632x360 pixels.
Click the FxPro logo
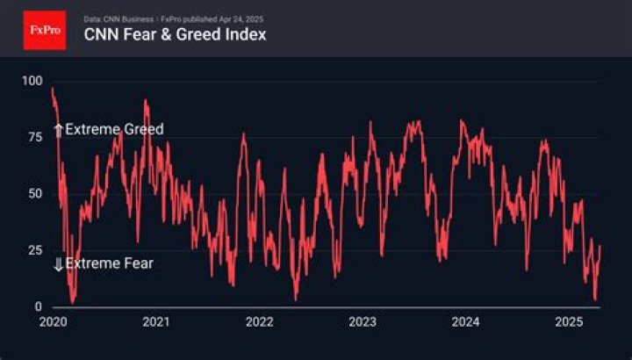(x=44, y=29)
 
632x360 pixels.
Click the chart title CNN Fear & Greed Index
(x=175, y=35)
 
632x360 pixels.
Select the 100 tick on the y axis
(x=32, y=81)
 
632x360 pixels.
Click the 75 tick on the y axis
(x=34, y=137)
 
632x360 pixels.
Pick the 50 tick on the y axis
(x=34, y=193)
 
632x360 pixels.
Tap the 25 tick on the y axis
(x=34, y=250)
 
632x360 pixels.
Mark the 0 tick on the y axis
(x=38, y=306)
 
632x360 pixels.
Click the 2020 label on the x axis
(x=53, y=322)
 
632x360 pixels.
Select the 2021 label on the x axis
(x=155, y=322)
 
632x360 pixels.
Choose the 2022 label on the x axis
(x=259, y=322)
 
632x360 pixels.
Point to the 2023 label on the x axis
(x=362, y=322)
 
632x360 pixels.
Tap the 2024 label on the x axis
(x=464, y=322)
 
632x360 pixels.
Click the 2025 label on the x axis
(x=568, y=322)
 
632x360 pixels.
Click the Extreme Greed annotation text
(x=114, y=129)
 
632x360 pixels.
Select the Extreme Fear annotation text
(x=109, y=263)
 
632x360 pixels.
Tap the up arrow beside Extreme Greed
(x=59, y=130)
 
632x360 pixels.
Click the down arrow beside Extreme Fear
(x=59, y=264)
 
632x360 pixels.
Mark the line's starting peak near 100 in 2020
(x=53, y=89)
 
